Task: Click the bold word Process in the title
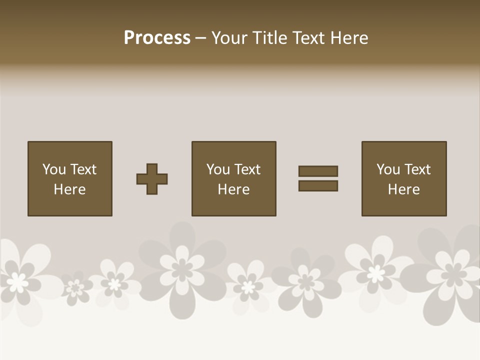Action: click(157, 38)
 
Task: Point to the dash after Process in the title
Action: click(200, 38)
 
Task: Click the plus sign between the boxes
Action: click(152, 179)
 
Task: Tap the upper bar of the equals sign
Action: click(318, 171)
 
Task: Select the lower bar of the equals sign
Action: click(318, 186)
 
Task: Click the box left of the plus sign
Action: click(70, 178)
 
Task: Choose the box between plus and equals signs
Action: click(234, 178)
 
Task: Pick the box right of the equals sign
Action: click(404, 178)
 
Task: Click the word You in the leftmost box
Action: click(54, 169)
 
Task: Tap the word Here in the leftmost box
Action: click(70, 189)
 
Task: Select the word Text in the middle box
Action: click(247, 169)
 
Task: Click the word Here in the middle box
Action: click(234, 189)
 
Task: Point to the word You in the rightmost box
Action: click(388, 169)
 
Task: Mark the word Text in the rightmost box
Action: click(417, 169)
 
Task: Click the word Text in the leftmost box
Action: click(83, 169)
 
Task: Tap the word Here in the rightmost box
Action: click(404, 189)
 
